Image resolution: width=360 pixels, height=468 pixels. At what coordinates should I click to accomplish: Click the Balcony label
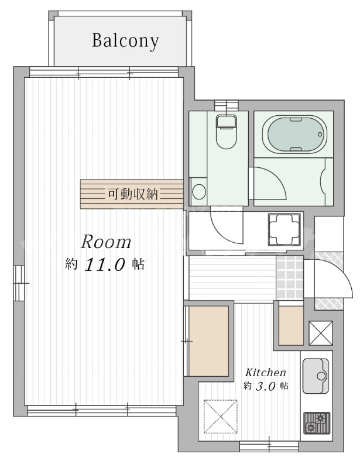[x=125, y=41]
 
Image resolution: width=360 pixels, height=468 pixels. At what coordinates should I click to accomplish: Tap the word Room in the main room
[x=106, y=242]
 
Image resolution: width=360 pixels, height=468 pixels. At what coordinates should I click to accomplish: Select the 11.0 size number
[x=105, y=264]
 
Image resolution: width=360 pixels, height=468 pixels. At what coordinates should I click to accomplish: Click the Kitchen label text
[x=266, y=373]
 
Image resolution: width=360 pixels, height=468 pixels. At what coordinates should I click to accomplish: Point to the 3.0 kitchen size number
[x=265, y=387]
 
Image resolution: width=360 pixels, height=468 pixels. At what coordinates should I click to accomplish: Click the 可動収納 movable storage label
[x=133, y=194]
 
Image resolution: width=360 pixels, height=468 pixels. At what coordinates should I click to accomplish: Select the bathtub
[x=294, y=135]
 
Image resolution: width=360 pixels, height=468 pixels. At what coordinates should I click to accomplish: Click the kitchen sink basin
[x=316, y=376]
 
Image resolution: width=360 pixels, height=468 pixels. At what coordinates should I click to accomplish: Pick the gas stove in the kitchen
[x=317, y=423]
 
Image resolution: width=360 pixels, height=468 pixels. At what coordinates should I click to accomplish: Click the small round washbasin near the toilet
[x=199, y=191]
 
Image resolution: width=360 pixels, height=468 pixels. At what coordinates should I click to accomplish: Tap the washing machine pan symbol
[x=284, y=229]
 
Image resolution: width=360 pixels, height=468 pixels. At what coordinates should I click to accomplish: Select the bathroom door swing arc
[x=275, y=178]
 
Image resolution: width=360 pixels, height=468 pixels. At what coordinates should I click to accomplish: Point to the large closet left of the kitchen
[x=208, y=340]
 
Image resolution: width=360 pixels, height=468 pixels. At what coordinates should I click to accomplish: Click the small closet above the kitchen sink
[x=291, y=325]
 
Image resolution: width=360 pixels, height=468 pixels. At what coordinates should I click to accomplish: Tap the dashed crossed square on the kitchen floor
[x=221, y=417]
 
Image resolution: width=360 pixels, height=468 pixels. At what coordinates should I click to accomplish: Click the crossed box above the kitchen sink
[x=321, y=333]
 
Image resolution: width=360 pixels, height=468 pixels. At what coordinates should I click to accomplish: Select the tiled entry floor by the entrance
[x=290, y=278]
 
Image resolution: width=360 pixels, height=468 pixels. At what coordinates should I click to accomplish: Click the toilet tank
[x=227, y=122]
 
